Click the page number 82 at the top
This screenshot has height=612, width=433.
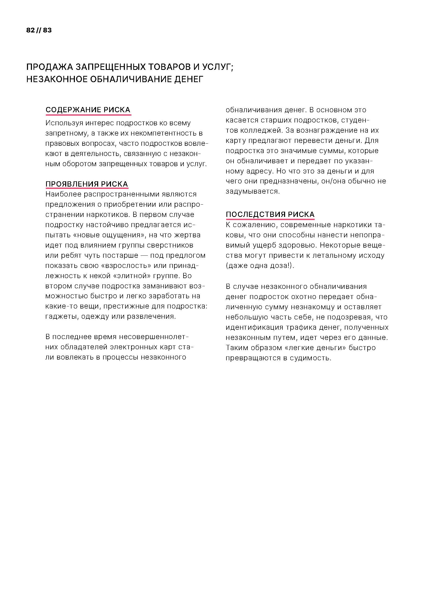pos(30,30)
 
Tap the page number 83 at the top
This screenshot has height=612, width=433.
pos(47,30)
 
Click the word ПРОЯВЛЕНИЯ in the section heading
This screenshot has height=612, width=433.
pos(68,184)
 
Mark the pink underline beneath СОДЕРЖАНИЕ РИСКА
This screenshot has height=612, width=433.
pos(88,115)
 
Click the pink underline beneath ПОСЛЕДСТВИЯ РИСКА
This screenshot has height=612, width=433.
pos(270,220)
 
